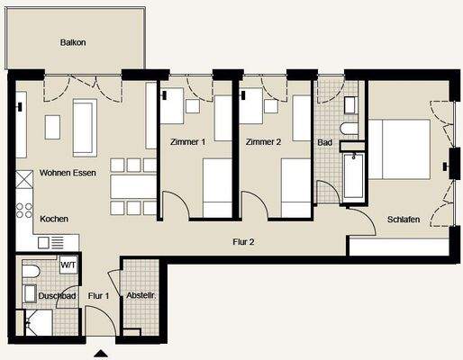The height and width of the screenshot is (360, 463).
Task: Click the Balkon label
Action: coord(73,42)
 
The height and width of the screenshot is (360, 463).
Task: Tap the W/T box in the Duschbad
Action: coord(68,265)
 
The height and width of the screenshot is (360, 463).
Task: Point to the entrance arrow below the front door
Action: coord(101,354)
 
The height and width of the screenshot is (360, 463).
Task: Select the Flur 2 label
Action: coord(243,242)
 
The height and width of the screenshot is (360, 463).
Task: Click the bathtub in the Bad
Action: coord(354,176)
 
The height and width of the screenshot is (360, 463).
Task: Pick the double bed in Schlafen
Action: coord(399,149)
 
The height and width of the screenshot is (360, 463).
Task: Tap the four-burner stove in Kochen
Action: coord(24,210)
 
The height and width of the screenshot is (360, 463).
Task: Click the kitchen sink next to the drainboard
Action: coord(43,243)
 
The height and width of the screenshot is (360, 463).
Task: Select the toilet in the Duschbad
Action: coord(31,271)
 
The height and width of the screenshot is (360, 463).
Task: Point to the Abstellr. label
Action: coord(141,295)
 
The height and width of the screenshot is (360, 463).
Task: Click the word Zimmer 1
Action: coord(187,142)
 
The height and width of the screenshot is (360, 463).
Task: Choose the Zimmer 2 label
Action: coord(263,142)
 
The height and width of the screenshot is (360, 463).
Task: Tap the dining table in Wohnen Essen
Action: coord(133,186)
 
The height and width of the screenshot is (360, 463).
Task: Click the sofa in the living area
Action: coord(85,128)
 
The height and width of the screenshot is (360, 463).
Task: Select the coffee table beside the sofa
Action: coord(52,127)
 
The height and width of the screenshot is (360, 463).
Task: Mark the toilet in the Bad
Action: coord(349,129)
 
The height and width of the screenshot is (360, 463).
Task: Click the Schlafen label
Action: coord(404,220)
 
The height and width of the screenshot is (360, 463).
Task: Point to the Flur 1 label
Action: coord(98,296)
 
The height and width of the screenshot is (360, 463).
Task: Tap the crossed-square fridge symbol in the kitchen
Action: coord(24,179)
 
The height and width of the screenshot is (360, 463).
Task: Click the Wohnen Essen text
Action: coord(68,173)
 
